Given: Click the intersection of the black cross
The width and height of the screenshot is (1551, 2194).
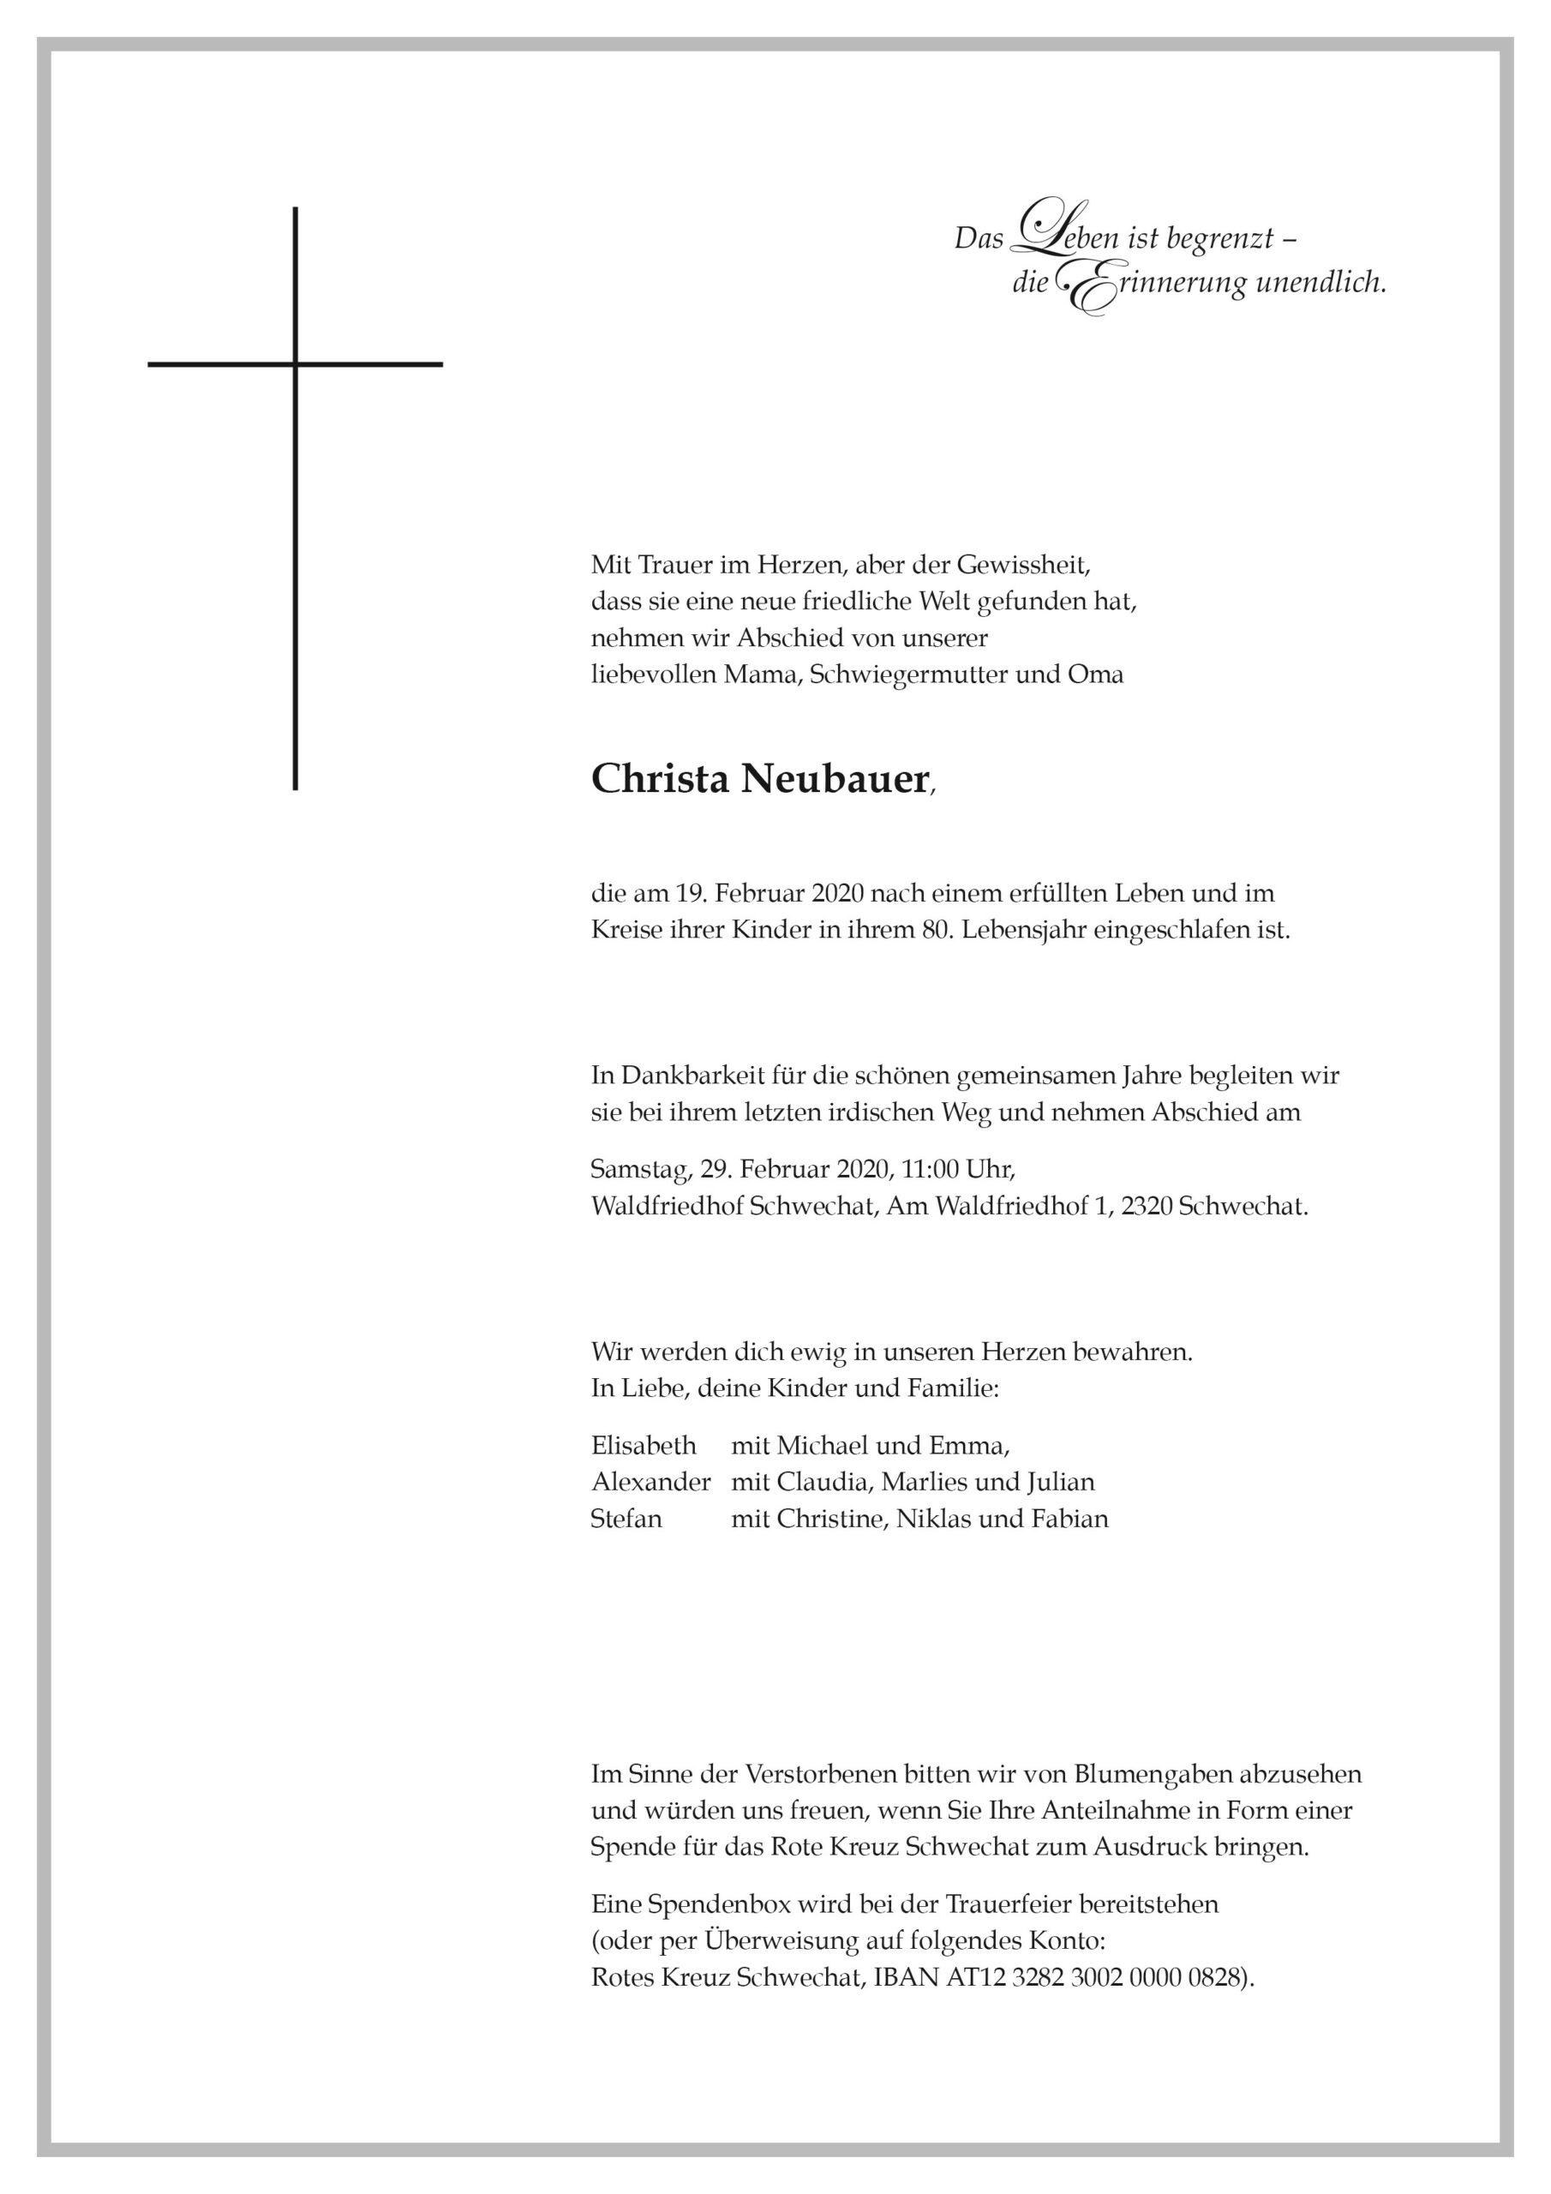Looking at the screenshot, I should (x=296, y=364).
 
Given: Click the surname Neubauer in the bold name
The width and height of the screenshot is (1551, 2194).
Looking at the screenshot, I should (x=832, y=780).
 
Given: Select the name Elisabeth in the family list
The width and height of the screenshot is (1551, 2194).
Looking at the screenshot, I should (x=644, y=1445).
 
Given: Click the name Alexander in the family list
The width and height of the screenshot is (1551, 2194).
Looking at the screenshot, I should (x=650, y=1482).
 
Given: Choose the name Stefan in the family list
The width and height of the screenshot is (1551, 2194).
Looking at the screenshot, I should (x=626, y=1519).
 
